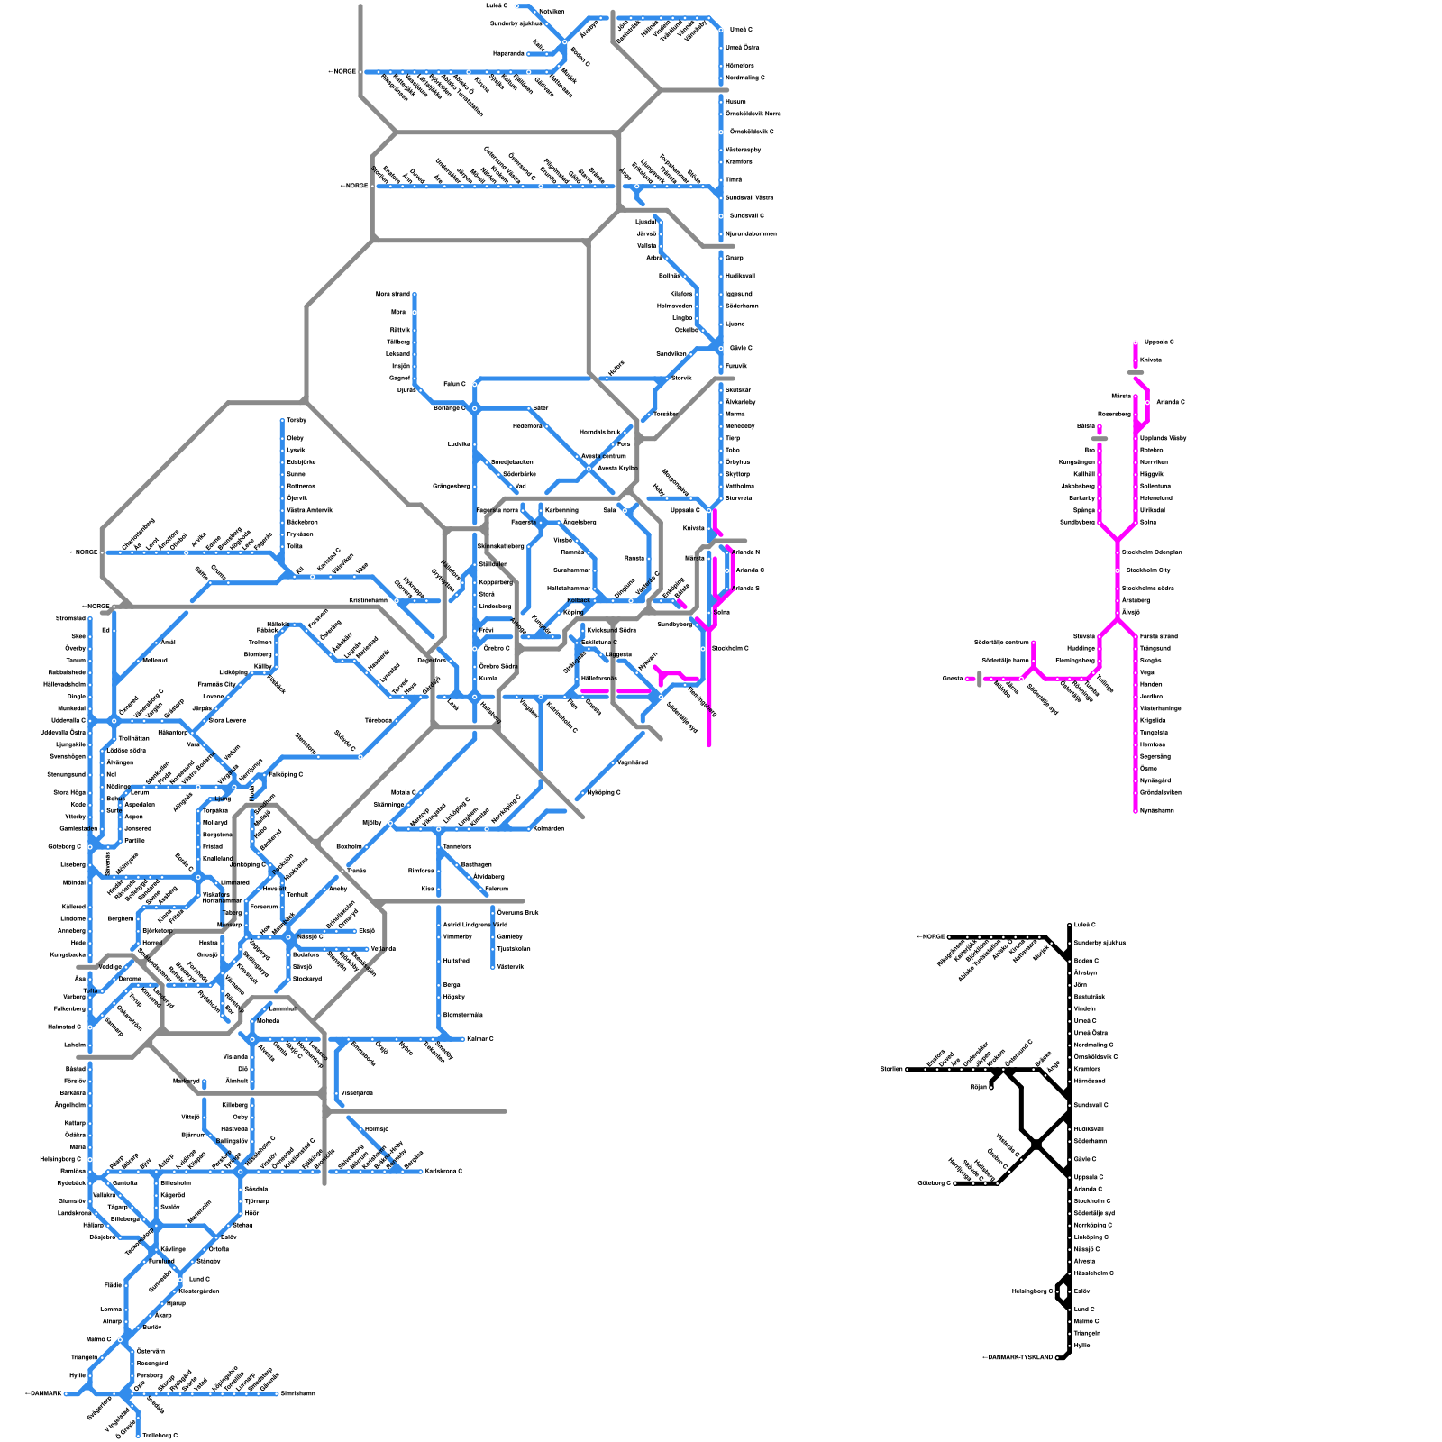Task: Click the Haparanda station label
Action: [x=508, y=53]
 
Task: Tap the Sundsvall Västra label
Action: [x=750, y=197]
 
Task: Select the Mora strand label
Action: [x=393, y=294]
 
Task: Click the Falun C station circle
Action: [x=475, y=385]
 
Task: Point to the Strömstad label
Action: [x=71, y=618]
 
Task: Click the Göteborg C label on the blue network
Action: [x=65, y=846]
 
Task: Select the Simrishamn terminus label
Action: [x=297, y=1393]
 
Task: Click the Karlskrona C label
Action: [x=444, y=1171]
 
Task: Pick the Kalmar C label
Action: [x=479, y=1039]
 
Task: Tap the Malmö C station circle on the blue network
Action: [x=121, y=1340]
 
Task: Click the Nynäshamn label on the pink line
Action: [x=1157, y=810]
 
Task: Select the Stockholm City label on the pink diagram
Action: [x=1148, y=570]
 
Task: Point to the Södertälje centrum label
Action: [x=1001, y=643]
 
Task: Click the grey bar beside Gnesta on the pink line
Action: [x=979, y=679]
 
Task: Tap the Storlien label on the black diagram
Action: [x=891, y=1069]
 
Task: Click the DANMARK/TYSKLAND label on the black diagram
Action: [x=1018, y=1357]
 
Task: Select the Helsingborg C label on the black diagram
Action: [x=1032, y=1291]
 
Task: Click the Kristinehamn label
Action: [x=368, y=600]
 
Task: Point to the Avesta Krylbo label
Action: [x=617, y=468]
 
